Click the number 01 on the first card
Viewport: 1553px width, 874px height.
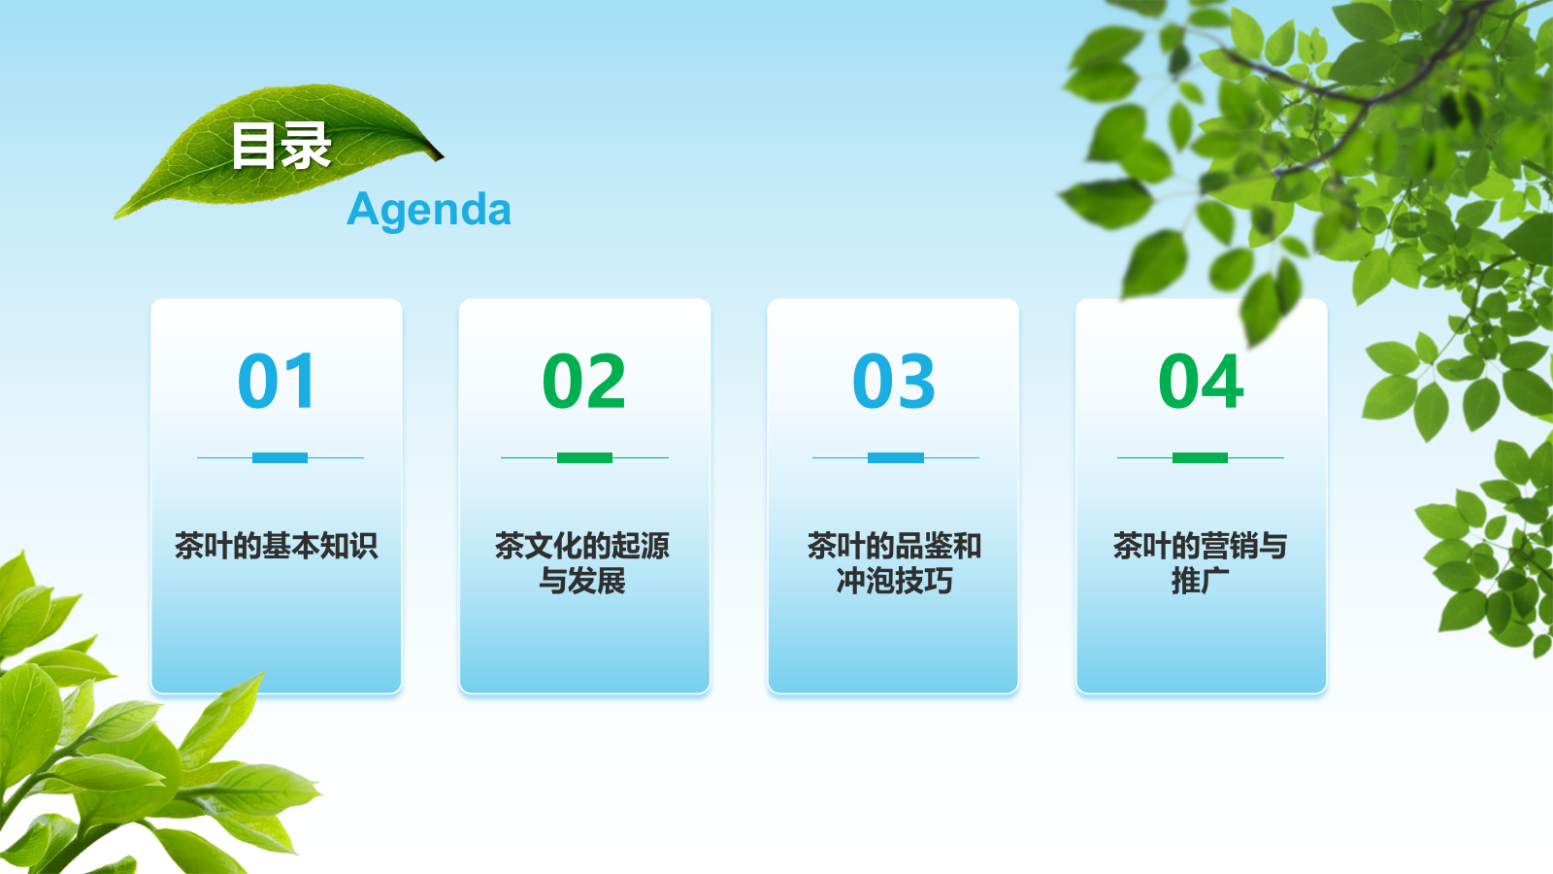tap(277, 381)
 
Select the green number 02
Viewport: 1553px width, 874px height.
tap(584, 381)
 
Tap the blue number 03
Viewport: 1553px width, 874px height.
tap(894, 381)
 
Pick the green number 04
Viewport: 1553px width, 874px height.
tap(1201, 381)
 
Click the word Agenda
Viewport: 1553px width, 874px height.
tap(429, 209)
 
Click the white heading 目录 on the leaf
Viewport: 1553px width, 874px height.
tap(281, 147)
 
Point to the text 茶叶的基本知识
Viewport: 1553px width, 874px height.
tap(277, 546)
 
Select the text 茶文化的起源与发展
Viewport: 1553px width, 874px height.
tap(582, 563)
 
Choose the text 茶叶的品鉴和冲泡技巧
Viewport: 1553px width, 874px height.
tap(894, 563)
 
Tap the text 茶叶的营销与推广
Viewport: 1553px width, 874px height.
tap(1201, 563)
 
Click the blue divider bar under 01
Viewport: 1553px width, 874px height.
tap(280, 457)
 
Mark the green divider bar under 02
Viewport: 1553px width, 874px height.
tap(584, 457)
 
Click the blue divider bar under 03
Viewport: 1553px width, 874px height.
tap(895, 457)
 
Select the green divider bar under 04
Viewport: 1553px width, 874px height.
tap(1200, 457)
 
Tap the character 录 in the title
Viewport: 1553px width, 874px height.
tap(307, 147)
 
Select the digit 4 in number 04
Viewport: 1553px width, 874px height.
tap(1222, 381)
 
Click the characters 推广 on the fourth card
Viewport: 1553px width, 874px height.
tap(1201, 581)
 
